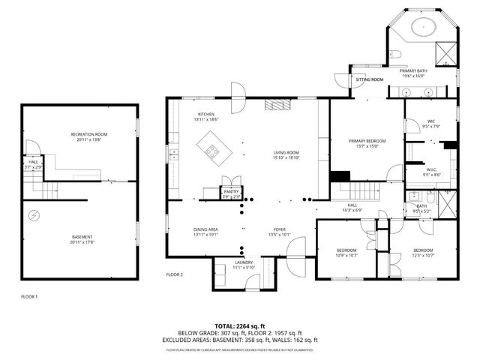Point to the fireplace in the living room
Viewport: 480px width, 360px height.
pyautogui.click(x=277, y=106)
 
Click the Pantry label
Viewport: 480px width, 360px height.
pyautogui.click(x=231, y=192)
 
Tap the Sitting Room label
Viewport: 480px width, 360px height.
pyautogui.click(x=369, y=79)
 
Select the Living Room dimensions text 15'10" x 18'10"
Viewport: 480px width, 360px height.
pyautogui.click(x=286, y=158)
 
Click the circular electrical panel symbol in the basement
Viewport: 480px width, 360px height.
pyautogui.click(x=33, y=216)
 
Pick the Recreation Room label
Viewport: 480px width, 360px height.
pyautogui.click(x=89, y=134)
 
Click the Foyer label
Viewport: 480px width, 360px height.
pyautogui.click(x=277, y=229)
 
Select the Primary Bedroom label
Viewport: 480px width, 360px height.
pyautogui.click(x=367, y=141)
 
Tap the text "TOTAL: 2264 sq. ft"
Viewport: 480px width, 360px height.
pyautogui.click(x=240, y=326)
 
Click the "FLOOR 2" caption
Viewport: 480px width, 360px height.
pyautogui.click(x=175, y=274)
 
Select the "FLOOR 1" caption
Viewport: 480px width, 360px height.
pyautogui.click(x=29, y=297)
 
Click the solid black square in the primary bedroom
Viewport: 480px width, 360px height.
pyautogui.click(x=340, y=178)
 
